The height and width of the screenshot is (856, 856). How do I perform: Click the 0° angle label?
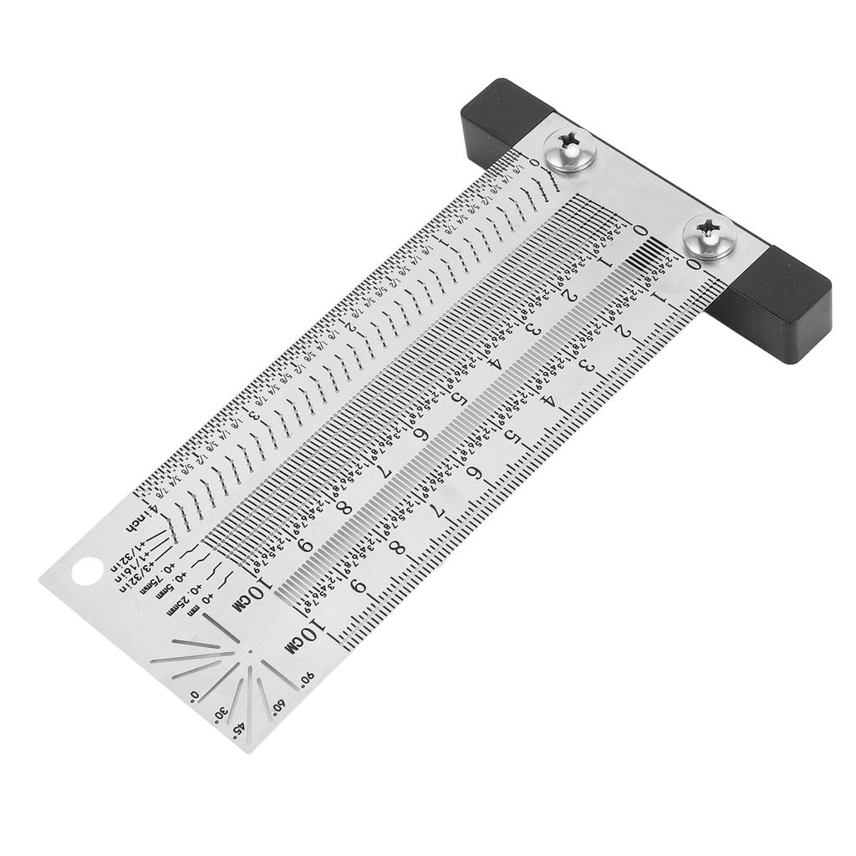[x=194, y=695]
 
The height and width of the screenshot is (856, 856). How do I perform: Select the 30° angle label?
[x=221, y=712]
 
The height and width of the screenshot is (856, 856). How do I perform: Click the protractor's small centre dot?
[x=248, y=651]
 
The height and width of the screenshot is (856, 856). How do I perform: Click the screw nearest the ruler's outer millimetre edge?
[x=704, y=236]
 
